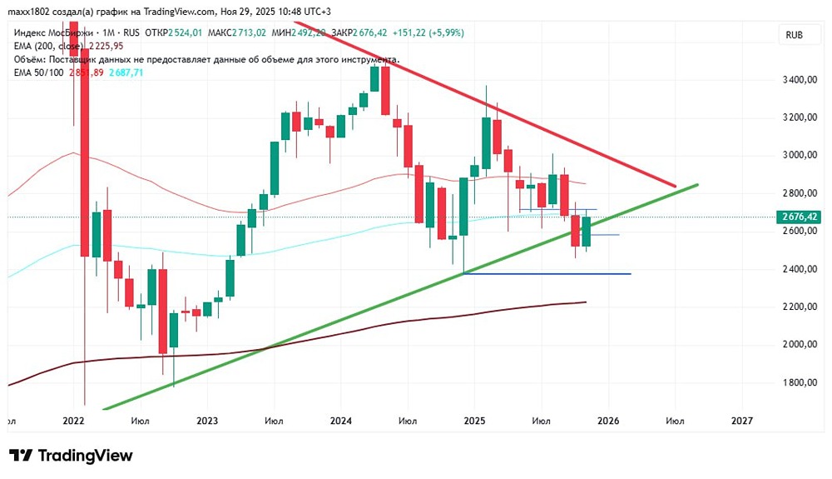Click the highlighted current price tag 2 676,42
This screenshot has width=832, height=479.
tap(800, 217)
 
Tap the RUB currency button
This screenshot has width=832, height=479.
tap(795, 34)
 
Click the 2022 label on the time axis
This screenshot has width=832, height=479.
tap(75, 421)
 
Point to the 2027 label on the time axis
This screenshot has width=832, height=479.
tap(741, 421)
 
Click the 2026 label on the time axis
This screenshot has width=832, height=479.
tap(608, 421)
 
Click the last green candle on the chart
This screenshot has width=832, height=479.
tap(586, 231)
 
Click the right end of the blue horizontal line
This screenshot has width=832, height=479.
tap(630, 274)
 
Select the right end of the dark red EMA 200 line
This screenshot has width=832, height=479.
tap(587, 302)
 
